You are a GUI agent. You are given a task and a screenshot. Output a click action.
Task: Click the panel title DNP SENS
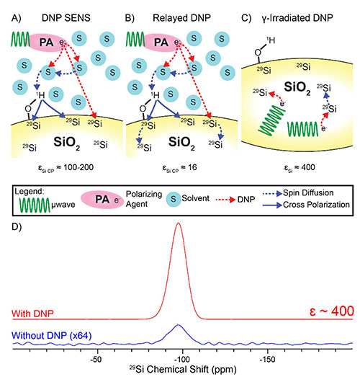coord(66,18)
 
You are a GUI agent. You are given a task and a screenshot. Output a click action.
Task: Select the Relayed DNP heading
coord(181,18)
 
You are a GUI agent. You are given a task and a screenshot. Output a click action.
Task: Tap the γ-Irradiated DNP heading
coord(297,18)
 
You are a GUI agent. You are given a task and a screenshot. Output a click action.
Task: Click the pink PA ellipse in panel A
coord(46,43)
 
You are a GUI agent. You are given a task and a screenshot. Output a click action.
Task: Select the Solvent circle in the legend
coord(174,199)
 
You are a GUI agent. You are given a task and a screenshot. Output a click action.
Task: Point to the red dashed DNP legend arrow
coord(225,200)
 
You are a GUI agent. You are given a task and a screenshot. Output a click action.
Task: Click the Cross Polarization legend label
coord(316,205)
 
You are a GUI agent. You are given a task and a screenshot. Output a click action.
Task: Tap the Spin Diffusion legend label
coord(308,193)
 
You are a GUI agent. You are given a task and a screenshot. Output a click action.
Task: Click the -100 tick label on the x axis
coord(182,359)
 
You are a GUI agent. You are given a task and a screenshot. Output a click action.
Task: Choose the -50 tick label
coord(96,359)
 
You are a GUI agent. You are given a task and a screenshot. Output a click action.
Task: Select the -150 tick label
coord(268,359)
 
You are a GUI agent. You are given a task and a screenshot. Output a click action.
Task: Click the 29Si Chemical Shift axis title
coord(183,370)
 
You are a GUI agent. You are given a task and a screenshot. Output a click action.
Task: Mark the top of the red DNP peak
coord(179,223)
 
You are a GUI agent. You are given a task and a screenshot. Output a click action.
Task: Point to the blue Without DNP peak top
coord(178,325)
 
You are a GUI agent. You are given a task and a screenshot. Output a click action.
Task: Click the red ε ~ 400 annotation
coord(331,311)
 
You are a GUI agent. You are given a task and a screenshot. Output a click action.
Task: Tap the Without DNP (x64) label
coord(52,335)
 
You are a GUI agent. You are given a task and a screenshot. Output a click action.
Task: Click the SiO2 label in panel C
coord(297,87)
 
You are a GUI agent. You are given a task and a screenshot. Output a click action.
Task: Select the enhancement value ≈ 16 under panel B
coord(188,167)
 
